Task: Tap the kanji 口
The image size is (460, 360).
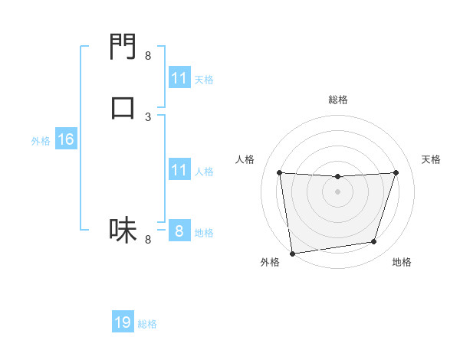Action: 123,106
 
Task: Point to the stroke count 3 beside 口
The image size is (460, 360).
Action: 148,116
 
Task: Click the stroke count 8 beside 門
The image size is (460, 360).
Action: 148,55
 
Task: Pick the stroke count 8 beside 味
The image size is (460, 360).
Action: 148,240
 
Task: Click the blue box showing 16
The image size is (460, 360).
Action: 65,140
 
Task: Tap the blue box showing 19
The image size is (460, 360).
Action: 123,323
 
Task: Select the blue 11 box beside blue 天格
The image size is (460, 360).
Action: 179,78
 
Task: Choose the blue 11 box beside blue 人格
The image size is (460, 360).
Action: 179,171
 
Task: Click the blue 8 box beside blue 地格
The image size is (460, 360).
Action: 179,231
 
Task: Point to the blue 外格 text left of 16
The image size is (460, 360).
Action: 41,141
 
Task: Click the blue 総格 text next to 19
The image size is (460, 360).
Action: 147,324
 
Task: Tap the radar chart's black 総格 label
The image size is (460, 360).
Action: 338,100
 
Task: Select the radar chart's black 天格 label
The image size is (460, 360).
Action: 431,159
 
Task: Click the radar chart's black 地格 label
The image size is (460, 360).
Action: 402,262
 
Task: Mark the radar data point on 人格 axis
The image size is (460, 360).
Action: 280,173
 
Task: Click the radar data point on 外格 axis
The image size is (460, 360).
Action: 292,253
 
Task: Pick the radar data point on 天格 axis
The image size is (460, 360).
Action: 396,173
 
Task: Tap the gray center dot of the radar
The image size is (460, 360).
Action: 337,191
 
